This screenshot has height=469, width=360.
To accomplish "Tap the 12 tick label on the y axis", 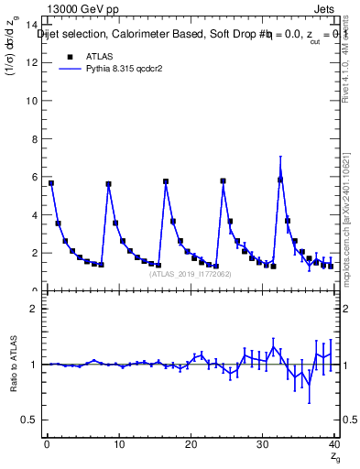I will tap(32, 62).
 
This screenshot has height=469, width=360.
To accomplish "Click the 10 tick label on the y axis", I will tap(32, 101).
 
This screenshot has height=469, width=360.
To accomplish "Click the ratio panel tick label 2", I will tap(35, 309).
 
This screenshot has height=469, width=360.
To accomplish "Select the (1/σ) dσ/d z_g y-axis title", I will tap(13, 55).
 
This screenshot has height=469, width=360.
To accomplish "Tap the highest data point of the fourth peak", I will tap(280, 179).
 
